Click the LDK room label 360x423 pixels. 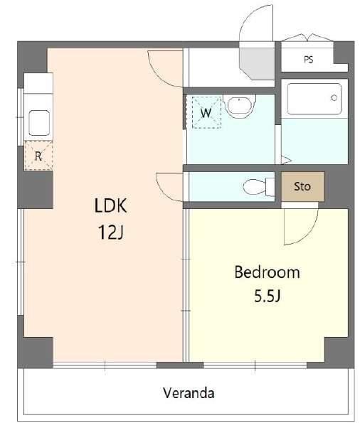pyautogui.click(x=110, y=206)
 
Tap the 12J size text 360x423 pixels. pyautogui.click(x=111, y=232)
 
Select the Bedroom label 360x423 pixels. pyautogui.click(x=267, y=272)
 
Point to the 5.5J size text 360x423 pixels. pyautogui.click(x=267, y=296)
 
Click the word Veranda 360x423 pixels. pyautogui.click(x=189, y=393)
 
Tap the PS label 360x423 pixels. pyautogui.click(x=309, y=59)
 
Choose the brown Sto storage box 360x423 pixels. pyautogui.click(x=303, y=186)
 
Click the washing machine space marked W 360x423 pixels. pyautogui.click(x=206, y=112)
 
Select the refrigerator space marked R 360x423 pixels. pyautogui.click(x=38, y=156)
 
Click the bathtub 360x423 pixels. pyautogui.click(x=314, y=99)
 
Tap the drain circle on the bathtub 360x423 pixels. pyautogui.click(x=334, y=98)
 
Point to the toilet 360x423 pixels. pyautogui.click(x=258, y=187)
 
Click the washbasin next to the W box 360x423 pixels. pyautogui.click(x=239, y=106)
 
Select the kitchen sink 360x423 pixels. pyautogui.click(x=39, y=123)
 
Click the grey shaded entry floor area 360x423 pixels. pyautogui.click(x=257, y=63)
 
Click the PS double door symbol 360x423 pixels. pyautogui.click(x=307, y=38)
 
